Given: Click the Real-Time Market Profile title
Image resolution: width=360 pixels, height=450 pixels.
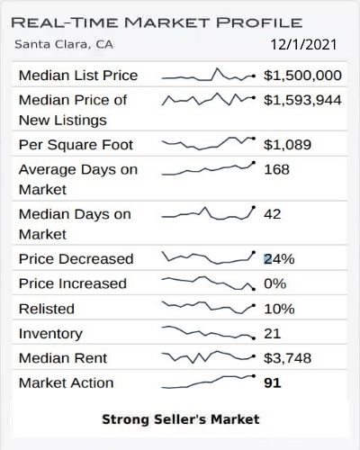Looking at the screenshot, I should (158, 22).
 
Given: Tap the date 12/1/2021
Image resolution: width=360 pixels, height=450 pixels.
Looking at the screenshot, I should (306, 42).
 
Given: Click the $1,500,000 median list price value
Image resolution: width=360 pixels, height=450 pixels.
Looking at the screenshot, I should (302, 76).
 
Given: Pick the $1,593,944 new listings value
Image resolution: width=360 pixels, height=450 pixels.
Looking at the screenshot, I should (302, 100).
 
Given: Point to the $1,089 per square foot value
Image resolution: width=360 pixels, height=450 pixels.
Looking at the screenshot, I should (286, 144).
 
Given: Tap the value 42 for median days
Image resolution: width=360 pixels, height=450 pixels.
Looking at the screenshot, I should (273, 214).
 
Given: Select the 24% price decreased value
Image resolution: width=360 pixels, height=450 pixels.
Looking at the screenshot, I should (279, 258).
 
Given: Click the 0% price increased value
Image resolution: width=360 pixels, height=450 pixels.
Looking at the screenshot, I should (274, 283).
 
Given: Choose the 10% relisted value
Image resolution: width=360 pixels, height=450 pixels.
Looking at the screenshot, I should (279, 309).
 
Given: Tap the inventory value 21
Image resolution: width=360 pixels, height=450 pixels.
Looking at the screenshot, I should (273, 334).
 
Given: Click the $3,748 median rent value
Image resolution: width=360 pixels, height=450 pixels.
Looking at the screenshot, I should (286, 358).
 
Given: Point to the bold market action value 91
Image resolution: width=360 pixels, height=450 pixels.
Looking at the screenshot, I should (273, 382).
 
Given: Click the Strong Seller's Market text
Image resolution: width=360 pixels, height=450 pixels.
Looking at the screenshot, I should (180, 418).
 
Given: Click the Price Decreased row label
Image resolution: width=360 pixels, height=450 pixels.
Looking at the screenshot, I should (76, 258).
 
